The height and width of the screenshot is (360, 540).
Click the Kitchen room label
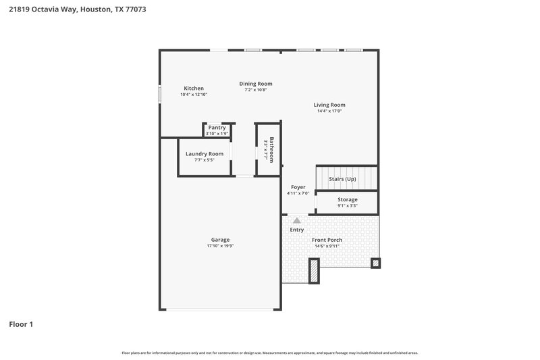click(194, 88)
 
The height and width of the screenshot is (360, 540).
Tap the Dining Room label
click(256, 84)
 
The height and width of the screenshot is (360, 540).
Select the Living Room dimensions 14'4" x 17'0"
click(329, 111)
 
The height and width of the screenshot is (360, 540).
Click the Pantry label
click(217, 128)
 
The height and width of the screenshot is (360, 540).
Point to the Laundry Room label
click(205, 154)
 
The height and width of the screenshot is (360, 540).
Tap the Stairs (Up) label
click(342, 179)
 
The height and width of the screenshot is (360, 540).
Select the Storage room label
click(348, 199)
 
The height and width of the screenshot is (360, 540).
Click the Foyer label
click(298, 187)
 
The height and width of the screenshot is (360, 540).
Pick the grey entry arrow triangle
click(296, 220)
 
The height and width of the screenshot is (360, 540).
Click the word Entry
click(297, 230)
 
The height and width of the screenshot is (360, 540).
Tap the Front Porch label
click(327, 240)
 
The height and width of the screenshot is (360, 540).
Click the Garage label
click(220, 240)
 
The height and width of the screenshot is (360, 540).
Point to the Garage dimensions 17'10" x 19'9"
click(220, 246)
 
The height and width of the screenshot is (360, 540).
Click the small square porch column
click(376, 263)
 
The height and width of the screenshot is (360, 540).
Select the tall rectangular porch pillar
click(313, 271)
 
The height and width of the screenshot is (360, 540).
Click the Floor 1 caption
click(21, 324)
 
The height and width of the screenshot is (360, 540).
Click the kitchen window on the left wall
click(159, 93)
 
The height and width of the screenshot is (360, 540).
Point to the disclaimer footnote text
click(269, 353)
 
